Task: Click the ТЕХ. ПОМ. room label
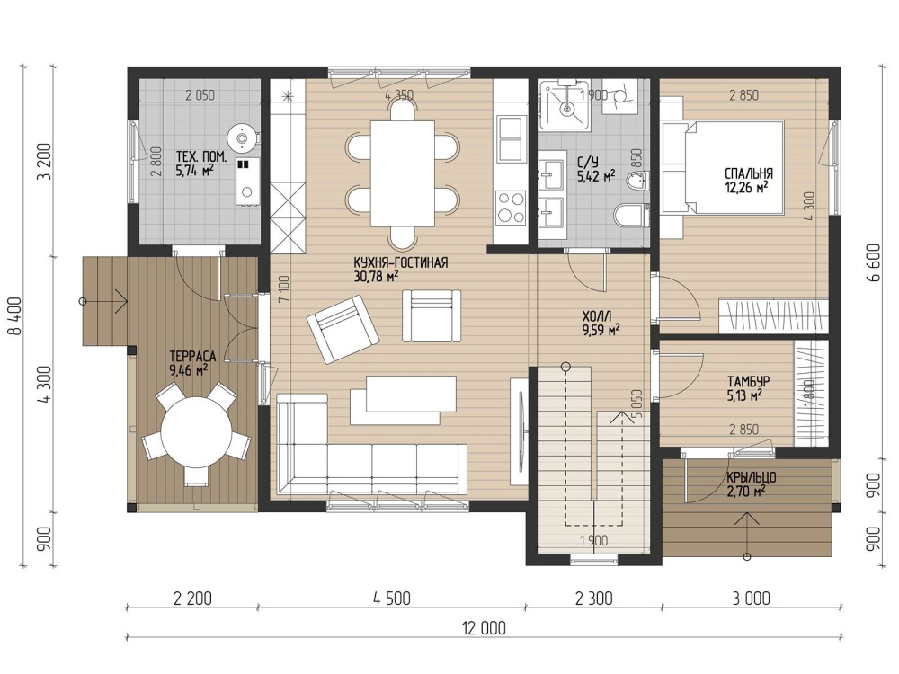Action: (x=200, y=157)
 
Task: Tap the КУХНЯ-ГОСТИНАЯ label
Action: (x=400, y=263)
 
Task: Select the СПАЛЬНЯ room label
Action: (x=749, y=173)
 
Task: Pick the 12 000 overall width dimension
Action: (x=484, y=628)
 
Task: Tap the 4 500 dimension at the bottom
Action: (x=392, y=599)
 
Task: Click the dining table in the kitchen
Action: (x=402, y=173)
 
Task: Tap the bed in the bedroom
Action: (x=723, y=167)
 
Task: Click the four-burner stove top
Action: (x=511, y=207)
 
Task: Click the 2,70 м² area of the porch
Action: (x=746, y=492)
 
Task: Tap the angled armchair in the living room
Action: (x=343, y=329)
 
